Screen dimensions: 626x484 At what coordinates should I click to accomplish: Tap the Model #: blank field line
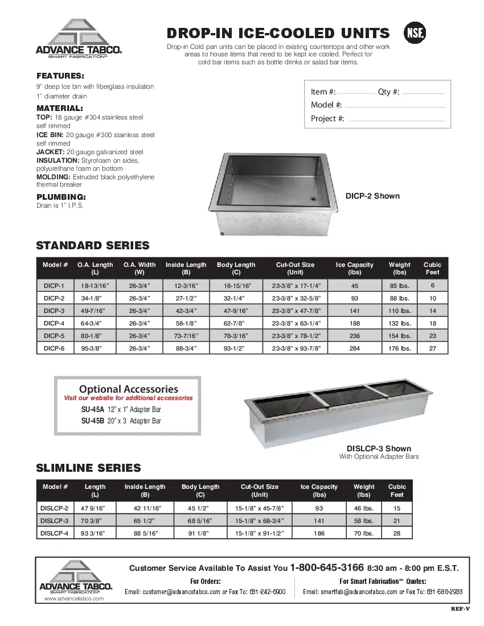(x=395, y=106)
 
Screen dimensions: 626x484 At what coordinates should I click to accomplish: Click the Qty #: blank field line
(x=423, y=93)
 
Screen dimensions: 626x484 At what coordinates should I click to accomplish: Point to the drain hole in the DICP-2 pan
(x=313, y=199)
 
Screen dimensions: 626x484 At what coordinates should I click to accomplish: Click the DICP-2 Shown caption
(x=372, y=196)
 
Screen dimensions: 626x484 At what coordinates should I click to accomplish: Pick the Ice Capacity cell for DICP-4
(x=354, y=323)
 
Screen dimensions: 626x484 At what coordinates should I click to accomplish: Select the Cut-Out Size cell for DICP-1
(x=296, y=286)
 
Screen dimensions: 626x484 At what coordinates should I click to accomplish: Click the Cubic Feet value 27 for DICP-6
(x=432, y=348)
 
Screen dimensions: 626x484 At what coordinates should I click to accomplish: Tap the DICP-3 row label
(x=54, y=311)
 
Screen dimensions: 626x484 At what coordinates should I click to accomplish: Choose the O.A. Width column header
(x=140, y=268)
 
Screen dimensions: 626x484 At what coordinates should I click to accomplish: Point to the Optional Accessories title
(x=128, y=389)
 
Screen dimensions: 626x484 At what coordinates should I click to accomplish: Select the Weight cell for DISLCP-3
(x=364, y=521)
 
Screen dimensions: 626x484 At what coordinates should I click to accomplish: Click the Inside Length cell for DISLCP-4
(x=145, y=533)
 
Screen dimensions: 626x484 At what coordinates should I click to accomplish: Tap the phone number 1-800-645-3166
(x=327, y=567)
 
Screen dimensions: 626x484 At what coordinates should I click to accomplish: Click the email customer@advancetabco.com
(x=172, y=592)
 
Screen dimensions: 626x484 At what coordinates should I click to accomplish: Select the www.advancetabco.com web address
(x=74, y=599)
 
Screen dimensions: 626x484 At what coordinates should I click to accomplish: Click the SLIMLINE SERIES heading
(x=88, y=468)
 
